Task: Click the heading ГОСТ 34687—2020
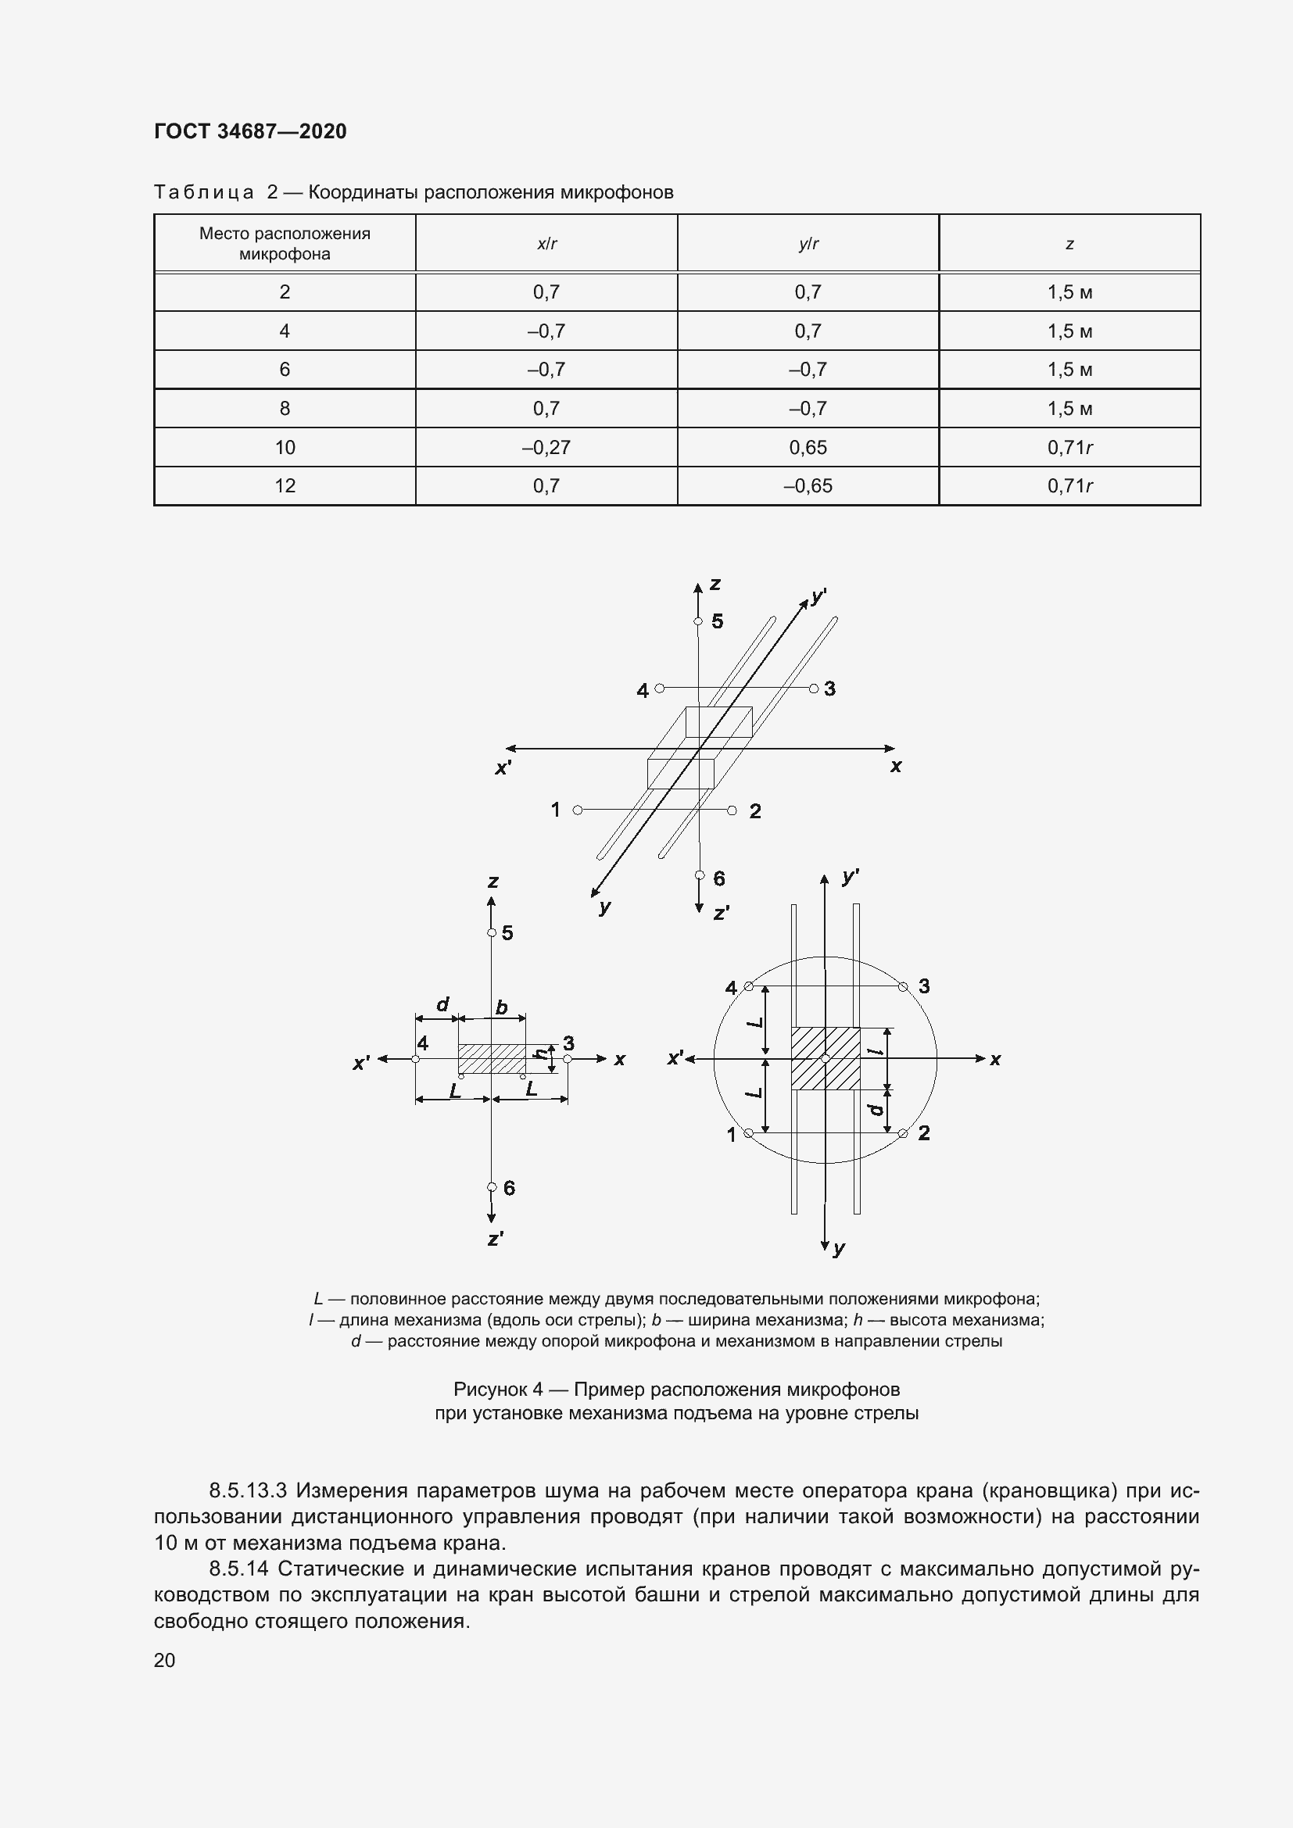click(250, 131)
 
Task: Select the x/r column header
click(546, 245)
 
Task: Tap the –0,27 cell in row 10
click(546, 448)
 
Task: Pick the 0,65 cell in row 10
click(808, 448)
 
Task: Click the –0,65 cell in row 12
click(808, 485)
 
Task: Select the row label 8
click(285, 409)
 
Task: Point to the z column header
click(1069, 245)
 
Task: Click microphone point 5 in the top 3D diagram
click(697, 622)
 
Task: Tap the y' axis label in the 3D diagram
click(819, 596)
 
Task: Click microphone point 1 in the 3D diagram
click(578, 810)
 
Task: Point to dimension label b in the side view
click(502, 1008)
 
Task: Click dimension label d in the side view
click(443, 1005)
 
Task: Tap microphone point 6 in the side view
click(492, 1187)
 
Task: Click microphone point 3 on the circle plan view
click(903, 987)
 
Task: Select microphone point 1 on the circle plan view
click(748, 1133)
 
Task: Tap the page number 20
click(165, 1660)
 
